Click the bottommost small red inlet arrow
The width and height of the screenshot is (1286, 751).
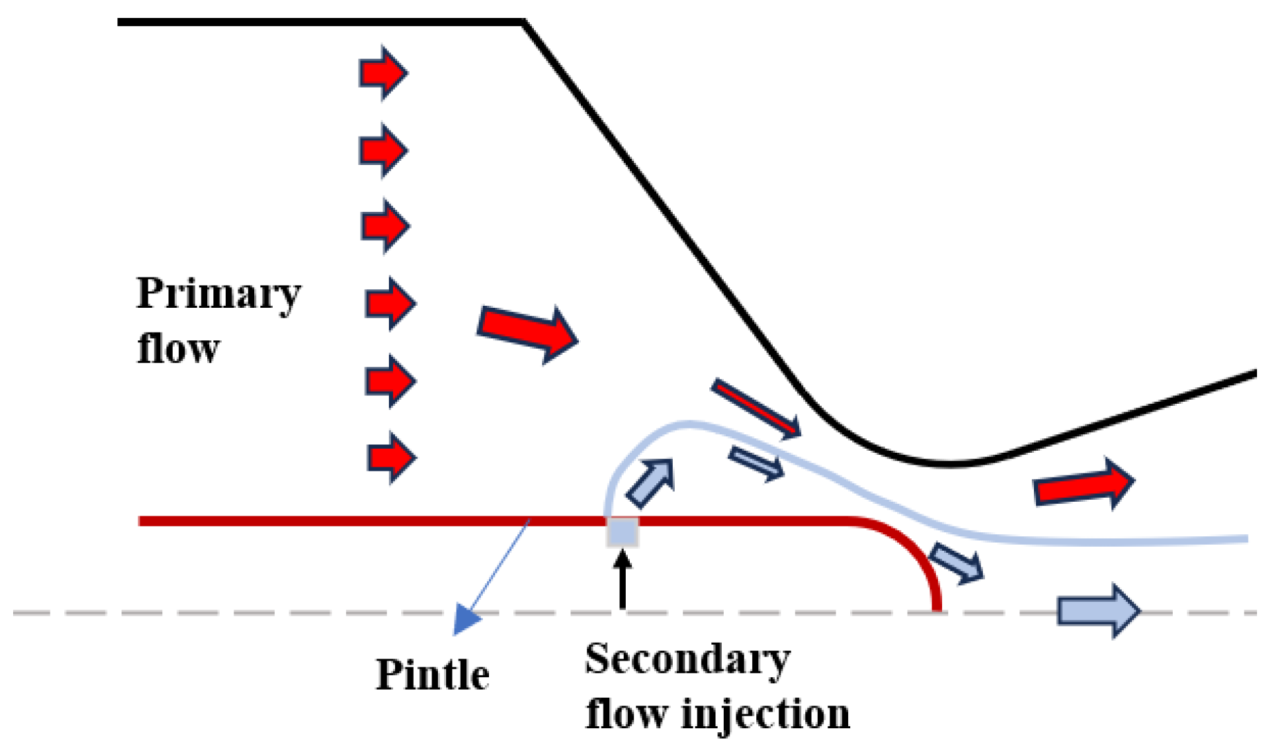[x=391, y=457]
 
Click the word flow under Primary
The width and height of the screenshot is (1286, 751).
[x=178, y=349]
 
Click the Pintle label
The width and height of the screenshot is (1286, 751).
[x=432, y=675]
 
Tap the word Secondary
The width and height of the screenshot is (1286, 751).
[x=687, y=660]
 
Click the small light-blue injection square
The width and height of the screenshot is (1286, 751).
[x=622, y=532]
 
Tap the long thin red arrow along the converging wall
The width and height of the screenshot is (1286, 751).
[x=756, y=409]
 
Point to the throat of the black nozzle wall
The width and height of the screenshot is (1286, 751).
[x=950, y=464]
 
